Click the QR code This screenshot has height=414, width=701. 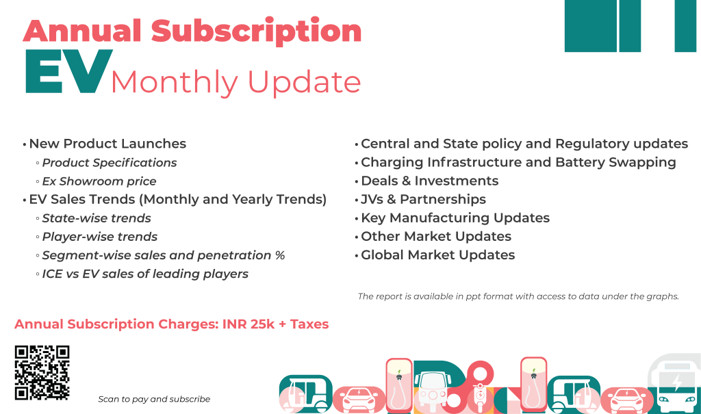click(42, 372)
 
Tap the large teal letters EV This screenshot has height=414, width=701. click(68, 73)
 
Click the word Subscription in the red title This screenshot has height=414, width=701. click(256, 31)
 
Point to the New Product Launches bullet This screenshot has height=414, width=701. click(107, 144)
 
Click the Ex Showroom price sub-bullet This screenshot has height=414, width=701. click(99, 181)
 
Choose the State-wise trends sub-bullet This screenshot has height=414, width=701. click(97, 218)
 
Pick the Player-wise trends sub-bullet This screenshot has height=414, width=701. click(100, 237)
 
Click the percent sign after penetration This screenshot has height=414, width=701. click(279, 255)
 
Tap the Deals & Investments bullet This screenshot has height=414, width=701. click(429, 181)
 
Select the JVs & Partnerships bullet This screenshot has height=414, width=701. click(423, 199)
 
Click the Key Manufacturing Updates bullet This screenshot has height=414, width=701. click(455, 218)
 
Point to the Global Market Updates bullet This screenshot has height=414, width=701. click(437, 255)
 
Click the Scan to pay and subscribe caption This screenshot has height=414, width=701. click(154, 399)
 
